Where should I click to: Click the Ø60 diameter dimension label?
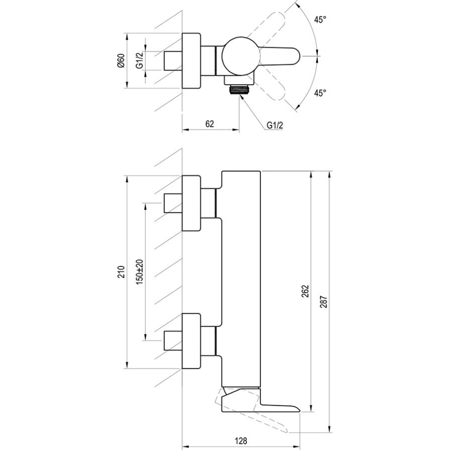(121, 63)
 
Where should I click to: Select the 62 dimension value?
(209, 123)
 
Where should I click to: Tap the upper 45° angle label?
(320, 20)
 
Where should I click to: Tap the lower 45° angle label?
(320, 93)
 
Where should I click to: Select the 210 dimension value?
(121, 272)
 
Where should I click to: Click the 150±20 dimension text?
(139, 272)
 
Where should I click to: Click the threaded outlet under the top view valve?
(238, 89)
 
